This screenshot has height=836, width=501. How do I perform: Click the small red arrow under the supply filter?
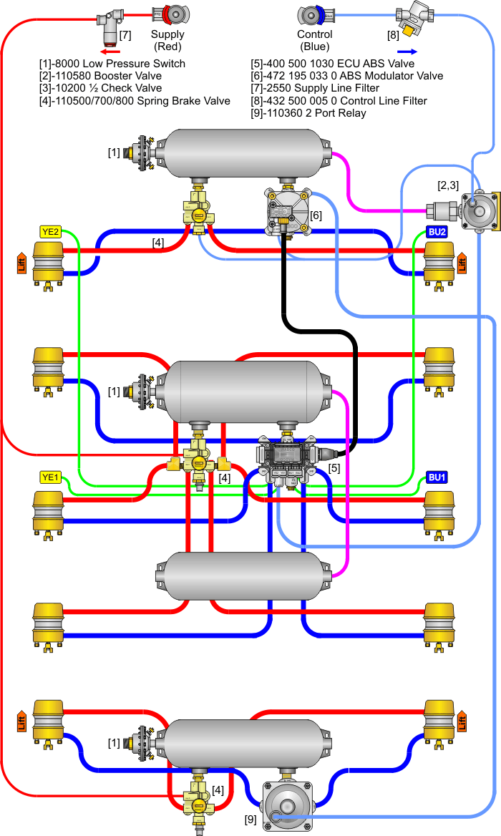(110, 52)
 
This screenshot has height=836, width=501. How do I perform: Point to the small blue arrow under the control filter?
(406, 52)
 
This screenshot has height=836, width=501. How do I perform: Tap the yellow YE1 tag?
(50, 477)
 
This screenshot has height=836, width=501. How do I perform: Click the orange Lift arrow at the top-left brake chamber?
(21, 262)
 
